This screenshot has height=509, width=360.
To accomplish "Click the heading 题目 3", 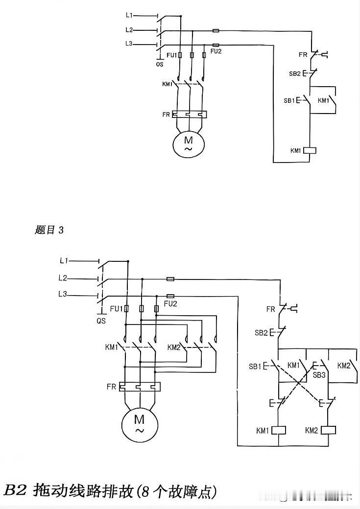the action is coord(49,230).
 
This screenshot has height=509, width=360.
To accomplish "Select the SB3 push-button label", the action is coord(319,375).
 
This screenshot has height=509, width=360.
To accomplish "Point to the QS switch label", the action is coord(101,321).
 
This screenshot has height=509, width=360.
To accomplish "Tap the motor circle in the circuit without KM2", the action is coord(189,144).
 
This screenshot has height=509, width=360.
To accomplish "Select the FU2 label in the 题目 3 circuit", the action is coord(170,304).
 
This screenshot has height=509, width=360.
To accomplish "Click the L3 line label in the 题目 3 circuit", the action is coord(63,294).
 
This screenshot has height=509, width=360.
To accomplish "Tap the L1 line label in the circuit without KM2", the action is coord(129,15).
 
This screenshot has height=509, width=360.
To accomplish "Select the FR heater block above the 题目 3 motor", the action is coord(140,387).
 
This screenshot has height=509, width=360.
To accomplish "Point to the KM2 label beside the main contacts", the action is coord(174,347).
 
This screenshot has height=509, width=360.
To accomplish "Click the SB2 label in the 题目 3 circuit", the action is coord(261,333).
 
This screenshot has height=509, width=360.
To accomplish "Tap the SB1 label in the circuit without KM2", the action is coord(289,101).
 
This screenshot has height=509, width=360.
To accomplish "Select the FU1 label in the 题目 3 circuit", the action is coord(116,309).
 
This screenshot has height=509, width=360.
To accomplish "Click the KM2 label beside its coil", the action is coord(311,430).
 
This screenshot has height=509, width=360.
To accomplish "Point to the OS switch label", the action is coord(160,64).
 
